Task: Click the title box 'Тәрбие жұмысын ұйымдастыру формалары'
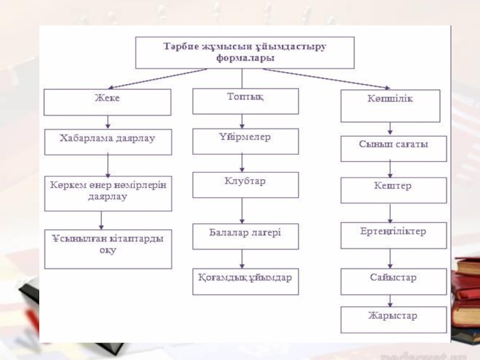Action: pyautogui.click(x=245, y=52)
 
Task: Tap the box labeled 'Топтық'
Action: pyautogui.click(x=245, y=100)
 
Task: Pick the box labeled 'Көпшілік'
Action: pyautogui.click(x=390, y=105)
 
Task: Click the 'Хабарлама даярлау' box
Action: pyautogui.click(x=107, y=142)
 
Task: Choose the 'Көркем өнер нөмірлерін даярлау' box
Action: pyautogui.click(x=107, y=193)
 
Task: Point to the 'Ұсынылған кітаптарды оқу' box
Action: pyautogui.click(x=107, y=248)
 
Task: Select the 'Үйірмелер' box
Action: pyautogui.click(x=245, y=141)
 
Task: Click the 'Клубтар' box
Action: pyautogui.click(x=245, y=185)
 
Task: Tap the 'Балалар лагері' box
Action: pyautogui.click(x=245, y=236)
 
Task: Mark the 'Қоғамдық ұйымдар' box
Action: pyautogui.click(x=245, y=281)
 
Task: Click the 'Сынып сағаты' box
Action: pyautogui.click(x=394, y=148)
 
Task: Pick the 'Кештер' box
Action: pyautogui.click(x=394, y=190)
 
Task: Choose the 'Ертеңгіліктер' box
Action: pyautogui.click(x=394, y=235)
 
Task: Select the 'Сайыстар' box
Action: pyautogui.click(x=394, y=281)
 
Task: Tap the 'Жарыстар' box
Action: pyautogui.click(x=394, y=319)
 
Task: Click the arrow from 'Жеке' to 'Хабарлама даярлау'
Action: pyautogui.click(x=107, y=122)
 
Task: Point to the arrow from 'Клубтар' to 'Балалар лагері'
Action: pyautogui.click(x=242, y=211)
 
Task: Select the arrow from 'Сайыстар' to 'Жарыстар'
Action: pyautogui.click(x=391, y=301)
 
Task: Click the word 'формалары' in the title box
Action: pyautogui.click(x=245, y=59)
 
